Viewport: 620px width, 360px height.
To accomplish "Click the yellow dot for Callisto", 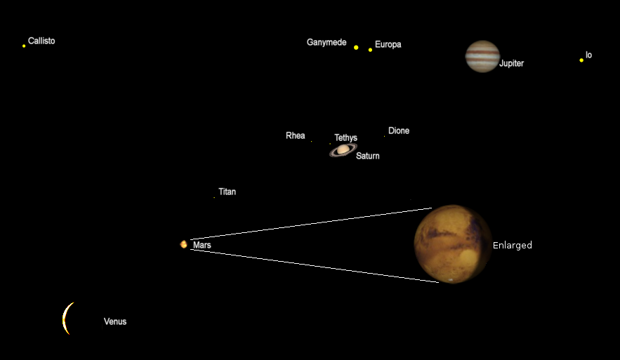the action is point(24,46).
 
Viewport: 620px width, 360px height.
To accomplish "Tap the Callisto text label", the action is point(41,41).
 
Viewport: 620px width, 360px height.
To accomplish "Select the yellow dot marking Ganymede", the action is point(356,48).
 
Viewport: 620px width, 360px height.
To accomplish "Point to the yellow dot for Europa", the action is point(370,50).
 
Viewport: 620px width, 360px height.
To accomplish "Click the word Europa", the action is point(388,44).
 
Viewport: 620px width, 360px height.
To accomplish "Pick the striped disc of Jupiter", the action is point(482,57).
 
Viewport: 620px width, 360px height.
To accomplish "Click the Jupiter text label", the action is point(511,63).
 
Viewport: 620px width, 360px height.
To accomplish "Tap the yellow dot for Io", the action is point(581,60).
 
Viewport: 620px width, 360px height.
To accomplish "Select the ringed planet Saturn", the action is point(343,149).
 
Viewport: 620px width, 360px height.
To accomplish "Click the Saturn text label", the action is point(368,156).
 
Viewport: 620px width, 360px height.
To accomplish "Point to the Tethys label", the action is point(346,138).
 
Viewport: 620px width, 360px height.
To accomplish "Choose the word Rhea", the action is point(296,135).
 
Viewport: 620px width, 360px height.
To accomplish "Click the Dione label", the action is point(399,131).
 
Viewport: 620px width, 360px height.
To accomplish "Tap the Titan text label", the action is point(227,192).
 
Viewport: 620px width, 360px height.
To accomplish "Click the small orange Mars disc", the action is point(183,245).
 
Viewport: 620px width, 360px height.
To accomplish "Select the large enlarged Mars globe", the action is point(453,244).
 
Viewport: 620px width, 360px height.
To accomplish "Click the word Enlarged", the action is point(513,246).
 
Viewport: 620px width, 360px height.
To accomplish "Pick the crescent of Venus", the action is point(67,319).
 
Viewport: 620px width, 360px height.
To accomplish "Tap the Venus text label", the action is point(115,321).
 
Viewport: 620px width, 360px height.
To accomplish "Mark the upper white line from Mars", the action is point(311,224).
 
